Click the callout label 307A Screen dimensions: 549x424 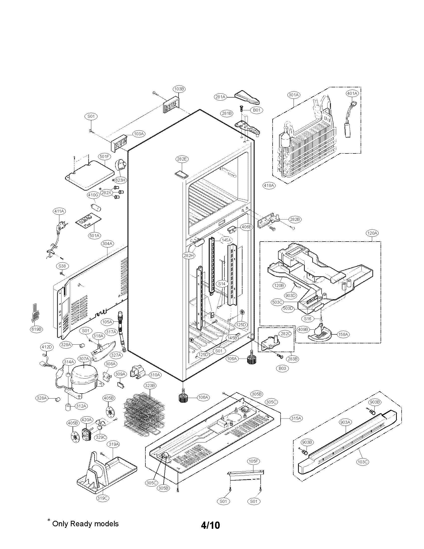tap(84, 358)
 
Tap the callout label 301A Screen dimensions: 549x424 tap(294, 95)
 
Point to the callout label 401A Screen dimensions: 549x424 tap(352, 93)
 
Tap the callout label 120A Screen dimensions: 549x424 tap(372, 233)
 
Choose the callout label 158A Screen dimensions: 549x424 tap(343, 334)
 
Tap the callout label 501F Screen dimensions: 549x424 tap(105, 157)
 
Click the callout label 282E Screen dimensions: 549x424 tap(182, 159)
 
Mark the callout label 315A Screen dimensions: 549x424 tap(296, 418)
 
